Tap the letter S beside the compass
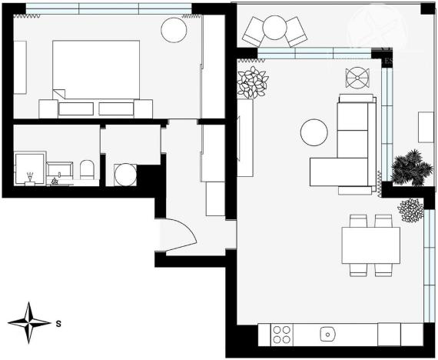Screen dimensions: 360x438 click(58, 324)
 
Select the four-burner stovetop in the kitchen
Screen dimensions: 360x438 click(282, 335)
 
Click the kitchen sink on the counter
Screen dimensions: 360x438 click(327, 335)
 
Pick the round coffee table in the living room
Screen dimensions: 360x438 click(314, 132)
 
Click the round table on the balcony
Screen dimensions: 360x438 click(274, 28)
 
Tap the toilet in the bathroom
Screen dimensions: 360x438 click(87, 170)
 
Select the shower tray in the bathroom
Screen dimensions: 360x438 click(29, 169)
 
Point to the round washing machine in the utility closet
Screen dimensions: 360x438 click(124, 175)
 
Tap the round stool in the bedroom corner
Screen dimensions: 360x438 click(174, 30)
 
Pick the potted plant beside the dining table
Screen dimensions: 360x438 click(411, 209)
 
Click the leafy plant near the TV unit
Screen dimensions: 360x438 click(251, 82)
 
